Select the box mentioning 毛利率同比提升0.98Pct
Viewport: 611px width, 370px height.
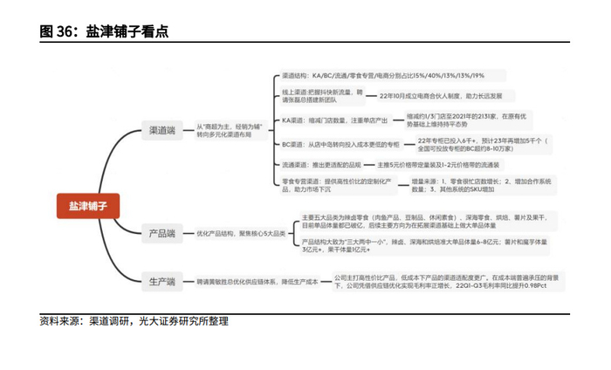(x=446, y=281)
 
